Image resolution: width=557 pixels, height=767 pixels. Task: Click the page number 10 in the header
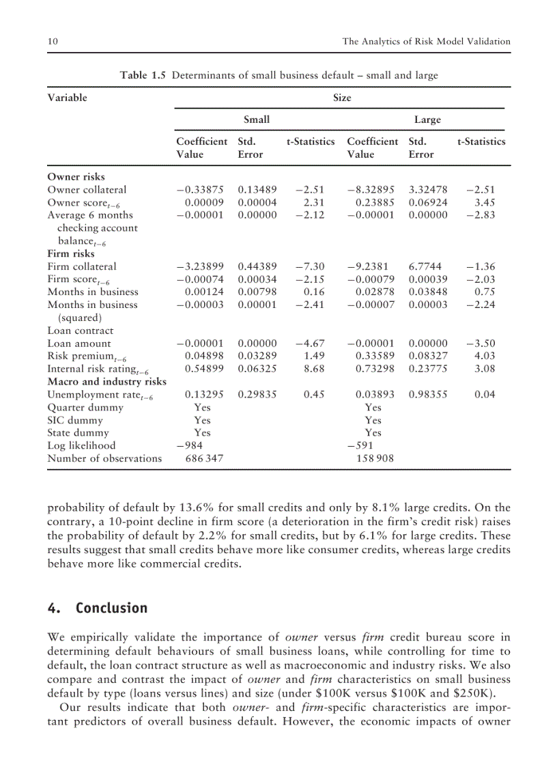[x=52, y=42]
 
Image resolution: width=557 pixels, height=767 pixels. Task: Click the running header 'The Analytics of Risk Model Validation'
[x=426, y=42]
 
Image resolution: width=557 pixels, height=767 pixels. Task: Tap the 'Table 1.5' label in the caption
[x=143, y=75]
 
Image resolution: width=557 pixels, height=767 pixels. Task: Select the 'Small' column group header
[x=257, y=120]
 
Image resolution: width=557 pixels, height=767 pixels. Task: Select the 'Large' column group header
[x=427, y=120]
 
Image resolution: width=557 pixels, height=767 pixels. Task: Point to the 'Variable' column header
[x=67, y=98]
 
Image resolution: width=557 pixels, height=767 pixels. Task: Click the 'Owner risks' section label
[x=76, y=177]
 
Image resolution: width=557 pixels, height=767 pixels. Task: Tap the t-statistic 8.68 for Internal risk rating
[x=314, y=369]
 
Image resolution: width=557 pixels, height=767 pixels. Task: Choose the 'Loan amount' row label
[x=78, y=344]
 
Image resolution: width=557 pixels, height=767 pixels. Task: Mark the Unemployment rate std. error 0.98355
[x=428, y=395]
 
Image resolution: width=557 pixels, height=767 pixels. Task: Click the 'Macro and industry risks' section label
[x=106, y=382]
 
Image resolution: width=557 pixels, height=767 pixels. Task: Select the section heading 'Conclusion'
[x=111, y=608]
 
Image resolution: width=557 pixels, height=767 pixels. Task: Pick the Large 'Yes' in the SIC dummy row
[x=373, y=420]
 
